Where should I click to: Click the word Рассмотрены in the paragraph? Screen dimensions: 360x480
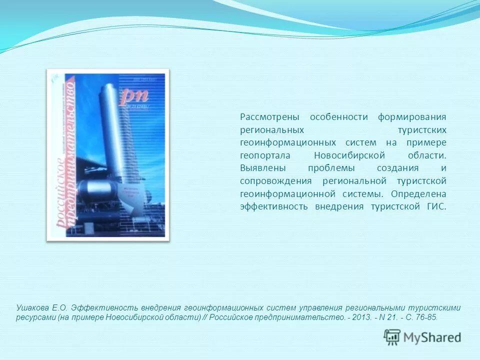click(269, 117)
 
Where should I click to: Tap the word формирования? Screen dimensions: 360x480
click(412, 117)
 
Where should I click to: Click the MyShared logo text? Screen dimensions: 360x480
click(431, 337)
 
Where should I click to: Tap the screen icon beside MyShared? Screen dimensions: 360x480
click(392, 337)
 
